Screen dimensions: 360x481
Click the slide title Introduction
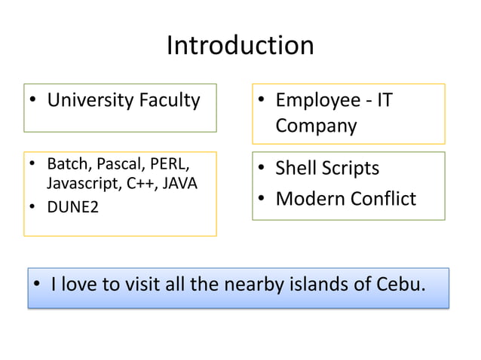point(240,46)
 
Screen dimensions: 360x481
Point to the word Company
point(316,125)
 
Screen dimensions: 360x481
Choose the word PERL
point(170,164)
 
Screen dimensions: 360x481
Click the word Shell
point(299,169)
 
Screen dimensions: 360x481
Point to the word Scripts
point(353,169)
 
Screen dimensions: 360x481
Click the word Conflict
point(384,199)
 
